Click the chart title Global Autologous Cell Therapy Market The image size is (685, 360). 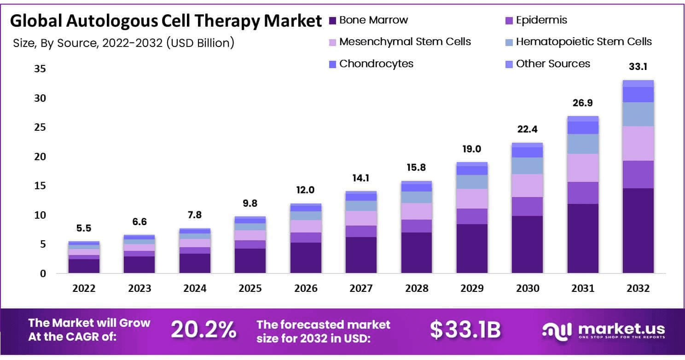(x=166, y=21)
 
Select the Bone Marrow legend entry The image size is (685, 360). (x=373, y=20)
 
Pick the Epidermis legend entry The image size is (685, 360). (x=541, y=20)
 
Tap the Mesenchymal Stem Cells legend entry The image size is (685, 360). (x=405, y=42)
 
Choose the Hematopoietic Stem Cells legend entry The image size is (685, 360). (x=583, y=42)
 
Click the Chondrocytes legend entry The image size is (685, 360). (x=376, y=64)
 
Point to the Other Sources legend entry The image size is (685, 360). (x=552, y=64)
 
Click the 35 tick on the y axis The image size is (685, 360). (x=40, y=69)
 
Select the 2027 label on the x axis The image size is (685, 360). (x=361, y=289)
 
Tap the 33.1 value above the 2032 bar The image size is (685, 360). (x=638, y=67)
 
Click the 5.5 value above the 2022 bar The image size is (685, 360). (x=84, y=228)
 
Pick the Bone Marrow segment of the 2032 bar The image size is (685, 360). (x=638, y=230)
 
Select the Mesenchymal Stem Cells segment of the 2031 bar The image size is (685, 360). (x=583, y=168)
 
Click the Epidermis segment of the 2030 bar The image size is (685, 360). (x=527, y=206)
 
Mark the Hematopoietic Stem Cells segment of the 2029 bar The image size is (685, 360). (x=472, y=181)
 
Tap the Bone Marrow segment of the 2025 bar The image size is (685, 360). (x=250, y=261)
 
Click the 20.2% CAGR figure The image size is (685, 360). (x=203, y=330)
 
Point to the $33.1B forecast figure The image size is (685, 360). (x=465, y=330)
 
